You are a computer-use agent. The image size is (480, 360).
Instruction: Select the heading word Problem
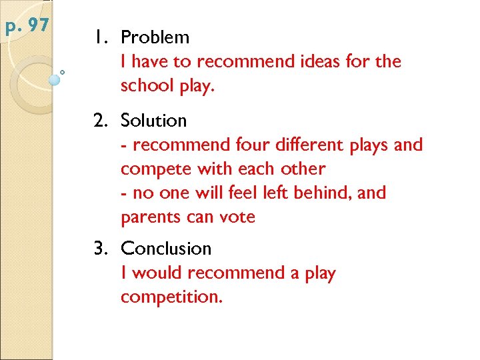pyautogui.click(x=155, y=37)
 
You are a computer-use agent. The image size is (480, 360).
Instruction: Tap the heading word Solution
pyautogui.click(x=153, y=121)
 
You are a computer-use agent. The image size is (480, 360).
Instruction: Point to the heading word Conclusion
pyautogui.click(x=166, y=249)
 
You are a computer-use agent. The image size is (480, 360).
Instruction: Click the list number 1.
pyautogui.click(x=100, y=37)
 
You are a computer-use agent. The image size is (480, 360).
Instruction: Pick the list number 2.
pyautogui.click(x=101, y=121)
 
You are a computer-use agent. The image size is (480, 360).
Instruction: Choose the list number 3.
pyautogui.click(x=101, y=249)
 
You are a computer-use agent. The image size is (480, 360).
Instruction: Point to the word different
pyautogui.click(x=311, y=145)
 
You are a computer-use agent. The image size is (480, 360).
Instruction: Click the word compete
pyautogui.click(x=151, y=169)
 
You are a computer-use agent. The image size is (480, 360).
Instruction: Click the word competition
pyautogui.click(x=171, y=297)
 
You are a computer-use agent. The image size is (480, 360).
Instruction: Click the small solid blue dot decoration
pyautogui.click(x=55, y=79)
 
